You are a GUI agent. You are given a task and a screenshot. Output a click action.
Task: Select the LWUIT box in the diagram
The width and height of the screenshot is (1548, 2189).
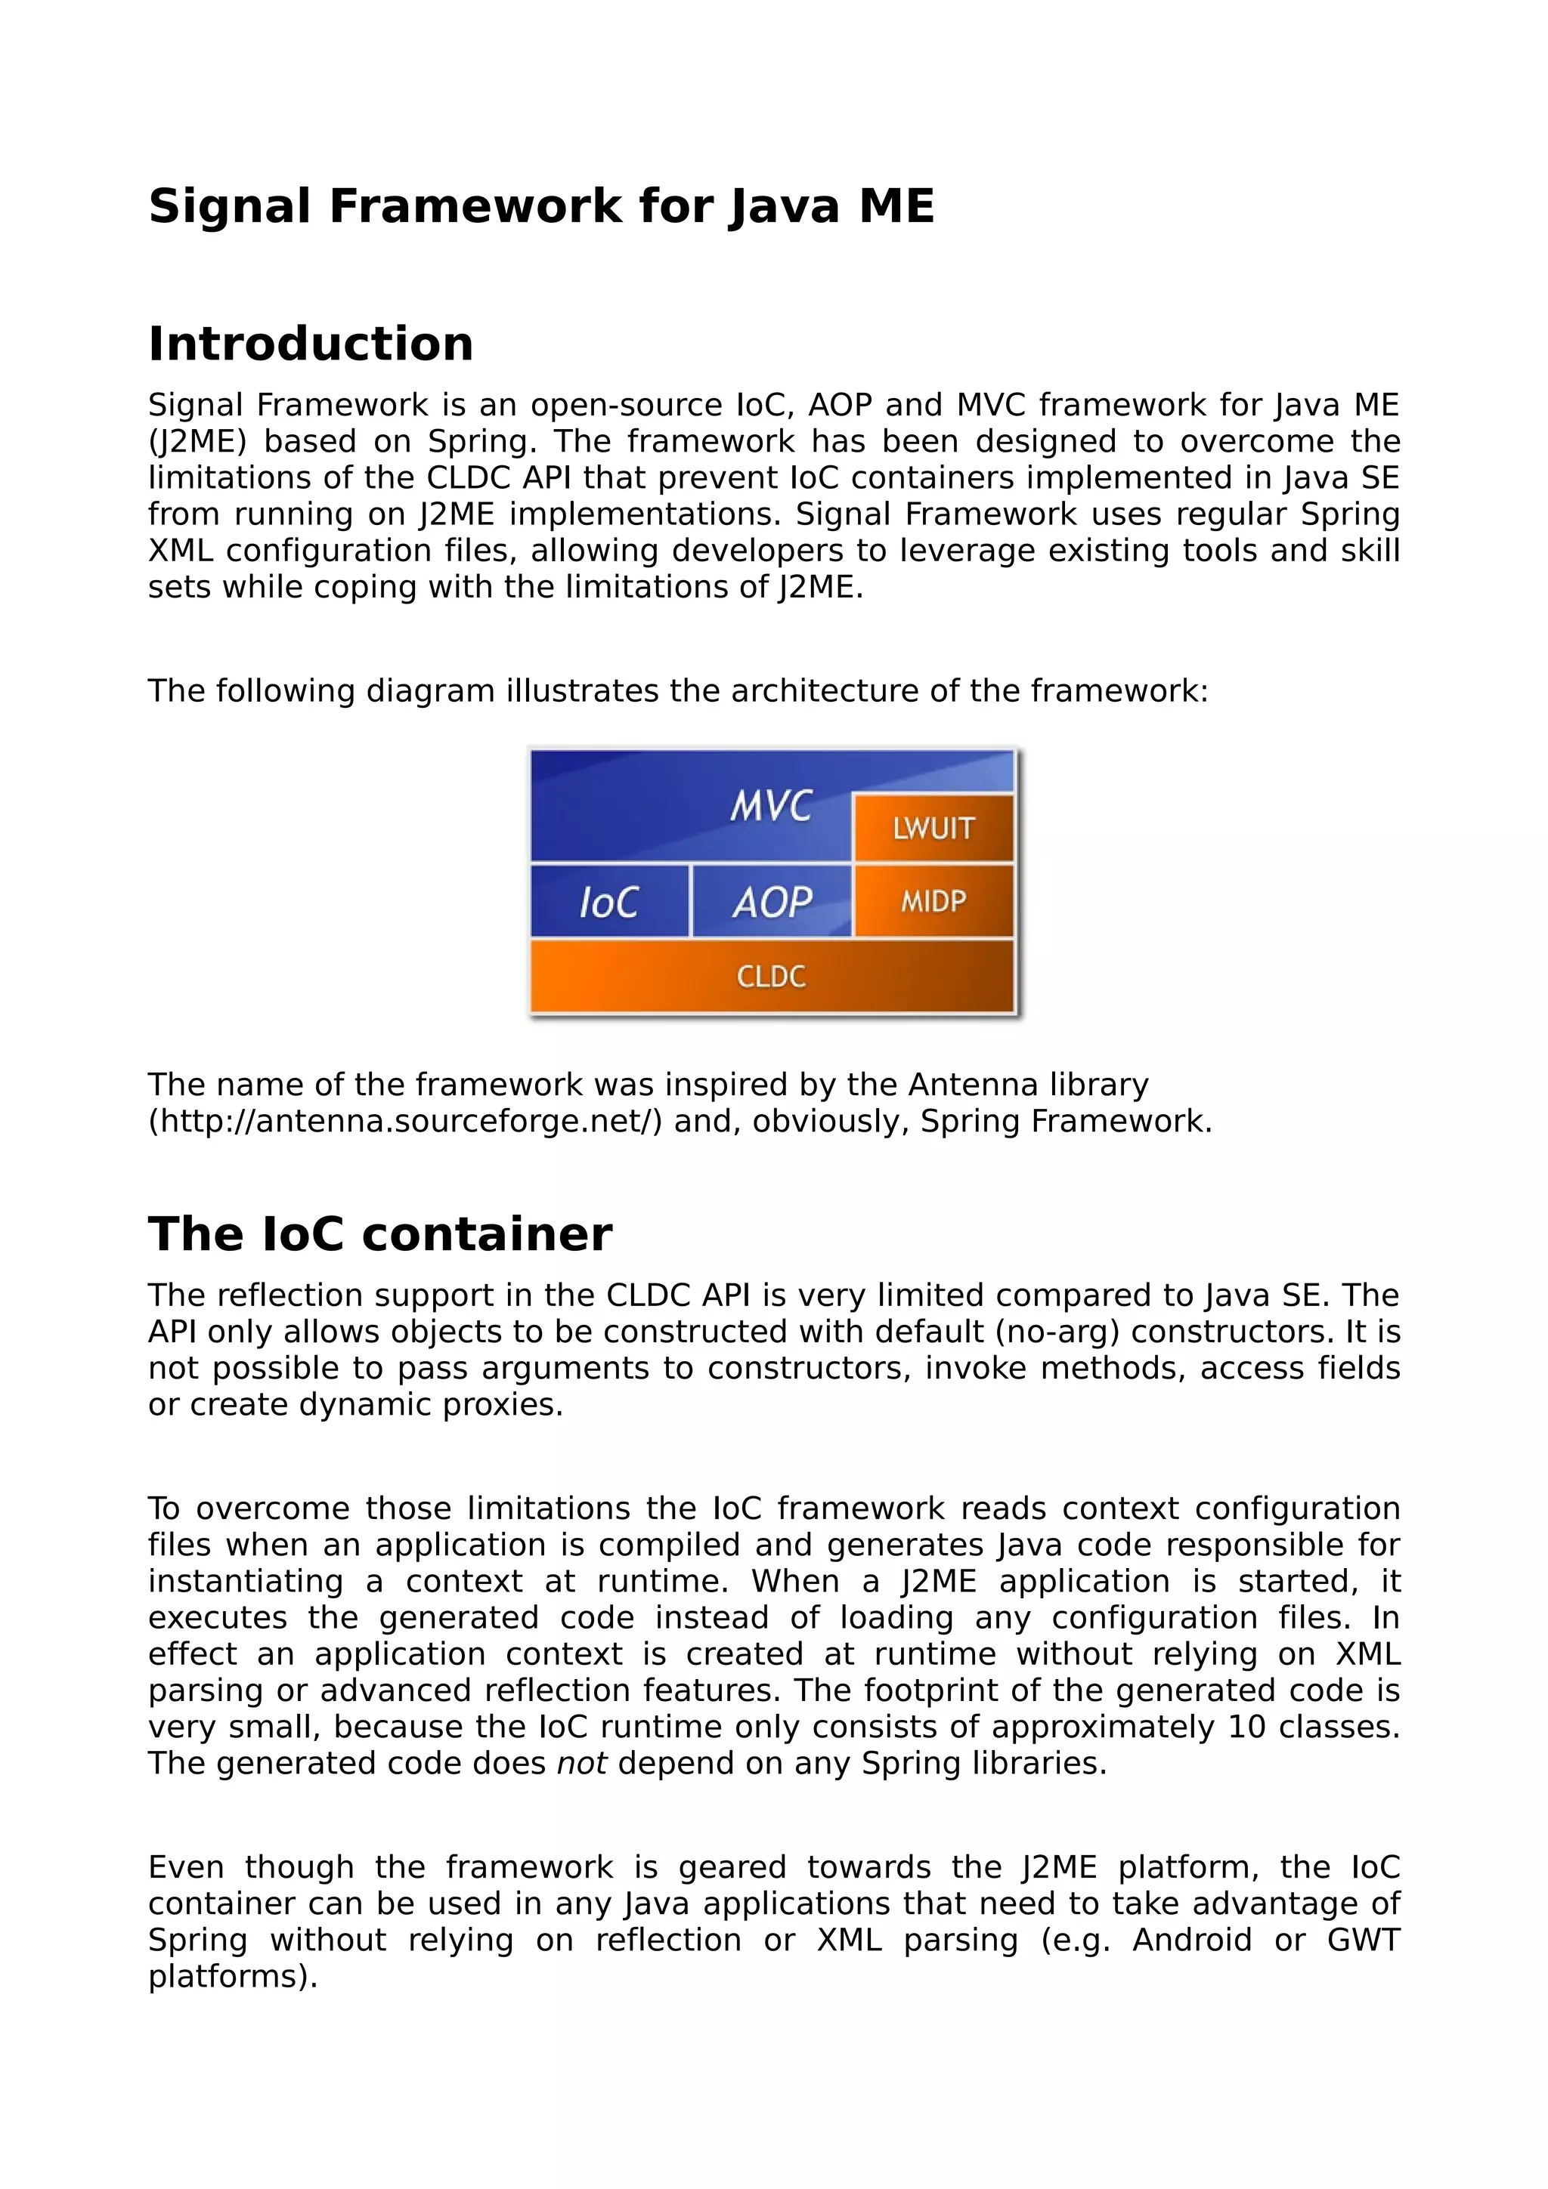[x=933, y=828]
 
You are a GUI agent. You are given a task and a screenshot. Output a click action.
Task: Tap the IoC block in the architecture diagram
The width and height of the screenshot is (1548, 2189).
[x=608, y=902]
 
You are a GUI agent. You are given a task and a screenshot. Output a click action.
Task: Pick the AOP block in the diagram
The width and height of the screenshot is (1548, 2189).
[x=772, y=902]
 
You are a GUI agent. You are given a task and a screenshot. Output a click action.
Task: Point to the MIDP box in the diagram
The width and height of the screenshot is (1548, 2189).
[x=933, y=901]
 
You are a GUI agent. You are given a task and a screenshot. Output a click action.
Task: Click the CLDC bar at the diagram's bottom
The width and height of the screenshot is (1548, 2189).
[x=771, y=976]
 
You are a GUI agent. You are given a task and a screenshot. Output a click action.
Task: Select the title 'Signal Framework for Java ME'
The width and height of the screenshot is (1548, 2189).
[x=540, y=206]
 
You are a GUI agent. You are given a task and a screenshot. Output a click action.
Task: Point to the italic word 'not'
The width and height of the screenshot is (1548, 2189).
[x=580, y=1764]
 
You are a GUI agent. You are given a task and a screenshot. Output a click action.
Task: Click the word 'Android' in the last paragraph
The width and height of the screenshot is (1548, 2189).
[x=1191, y=1940]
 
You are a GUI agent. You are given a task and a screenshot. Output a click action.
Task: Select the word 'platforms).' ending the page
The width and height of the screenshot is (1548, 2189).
[x=233, y=1977]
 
